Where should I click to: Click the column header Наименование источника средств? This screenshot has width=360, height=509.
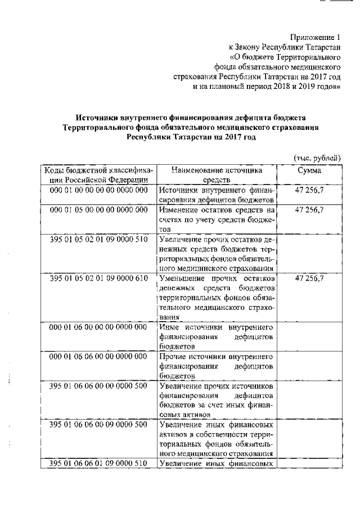[217, 174]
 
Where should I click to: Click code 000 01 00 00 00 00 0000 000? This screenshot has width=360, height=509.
[98, 190]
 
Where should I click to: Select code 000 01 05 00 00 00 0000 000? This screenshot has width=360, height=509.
[98, 210]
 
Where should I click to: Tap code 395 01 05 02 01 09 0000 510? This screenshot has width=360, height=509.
[98, 239]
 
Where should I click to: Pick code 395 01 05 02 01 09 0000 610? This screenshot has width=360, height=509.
[98, 278]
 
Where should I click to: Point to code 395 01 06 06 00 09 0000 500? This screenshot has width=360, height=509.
[98, 424]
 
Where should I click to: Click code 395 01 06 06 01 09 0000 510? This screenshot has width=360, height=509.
[98, 463]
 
